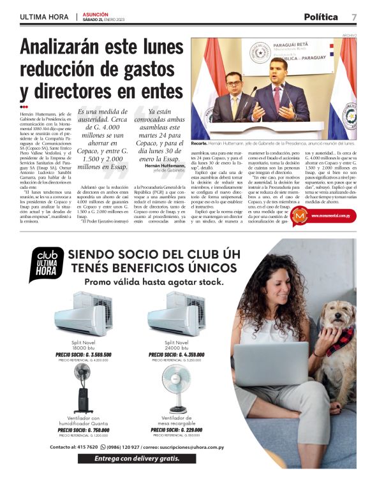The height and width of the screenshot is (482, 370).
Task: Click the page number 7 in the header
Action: click(x=353, y=17)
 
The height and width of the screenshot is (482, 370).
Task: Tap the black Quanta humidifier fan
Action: click(x=82, y=390)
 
